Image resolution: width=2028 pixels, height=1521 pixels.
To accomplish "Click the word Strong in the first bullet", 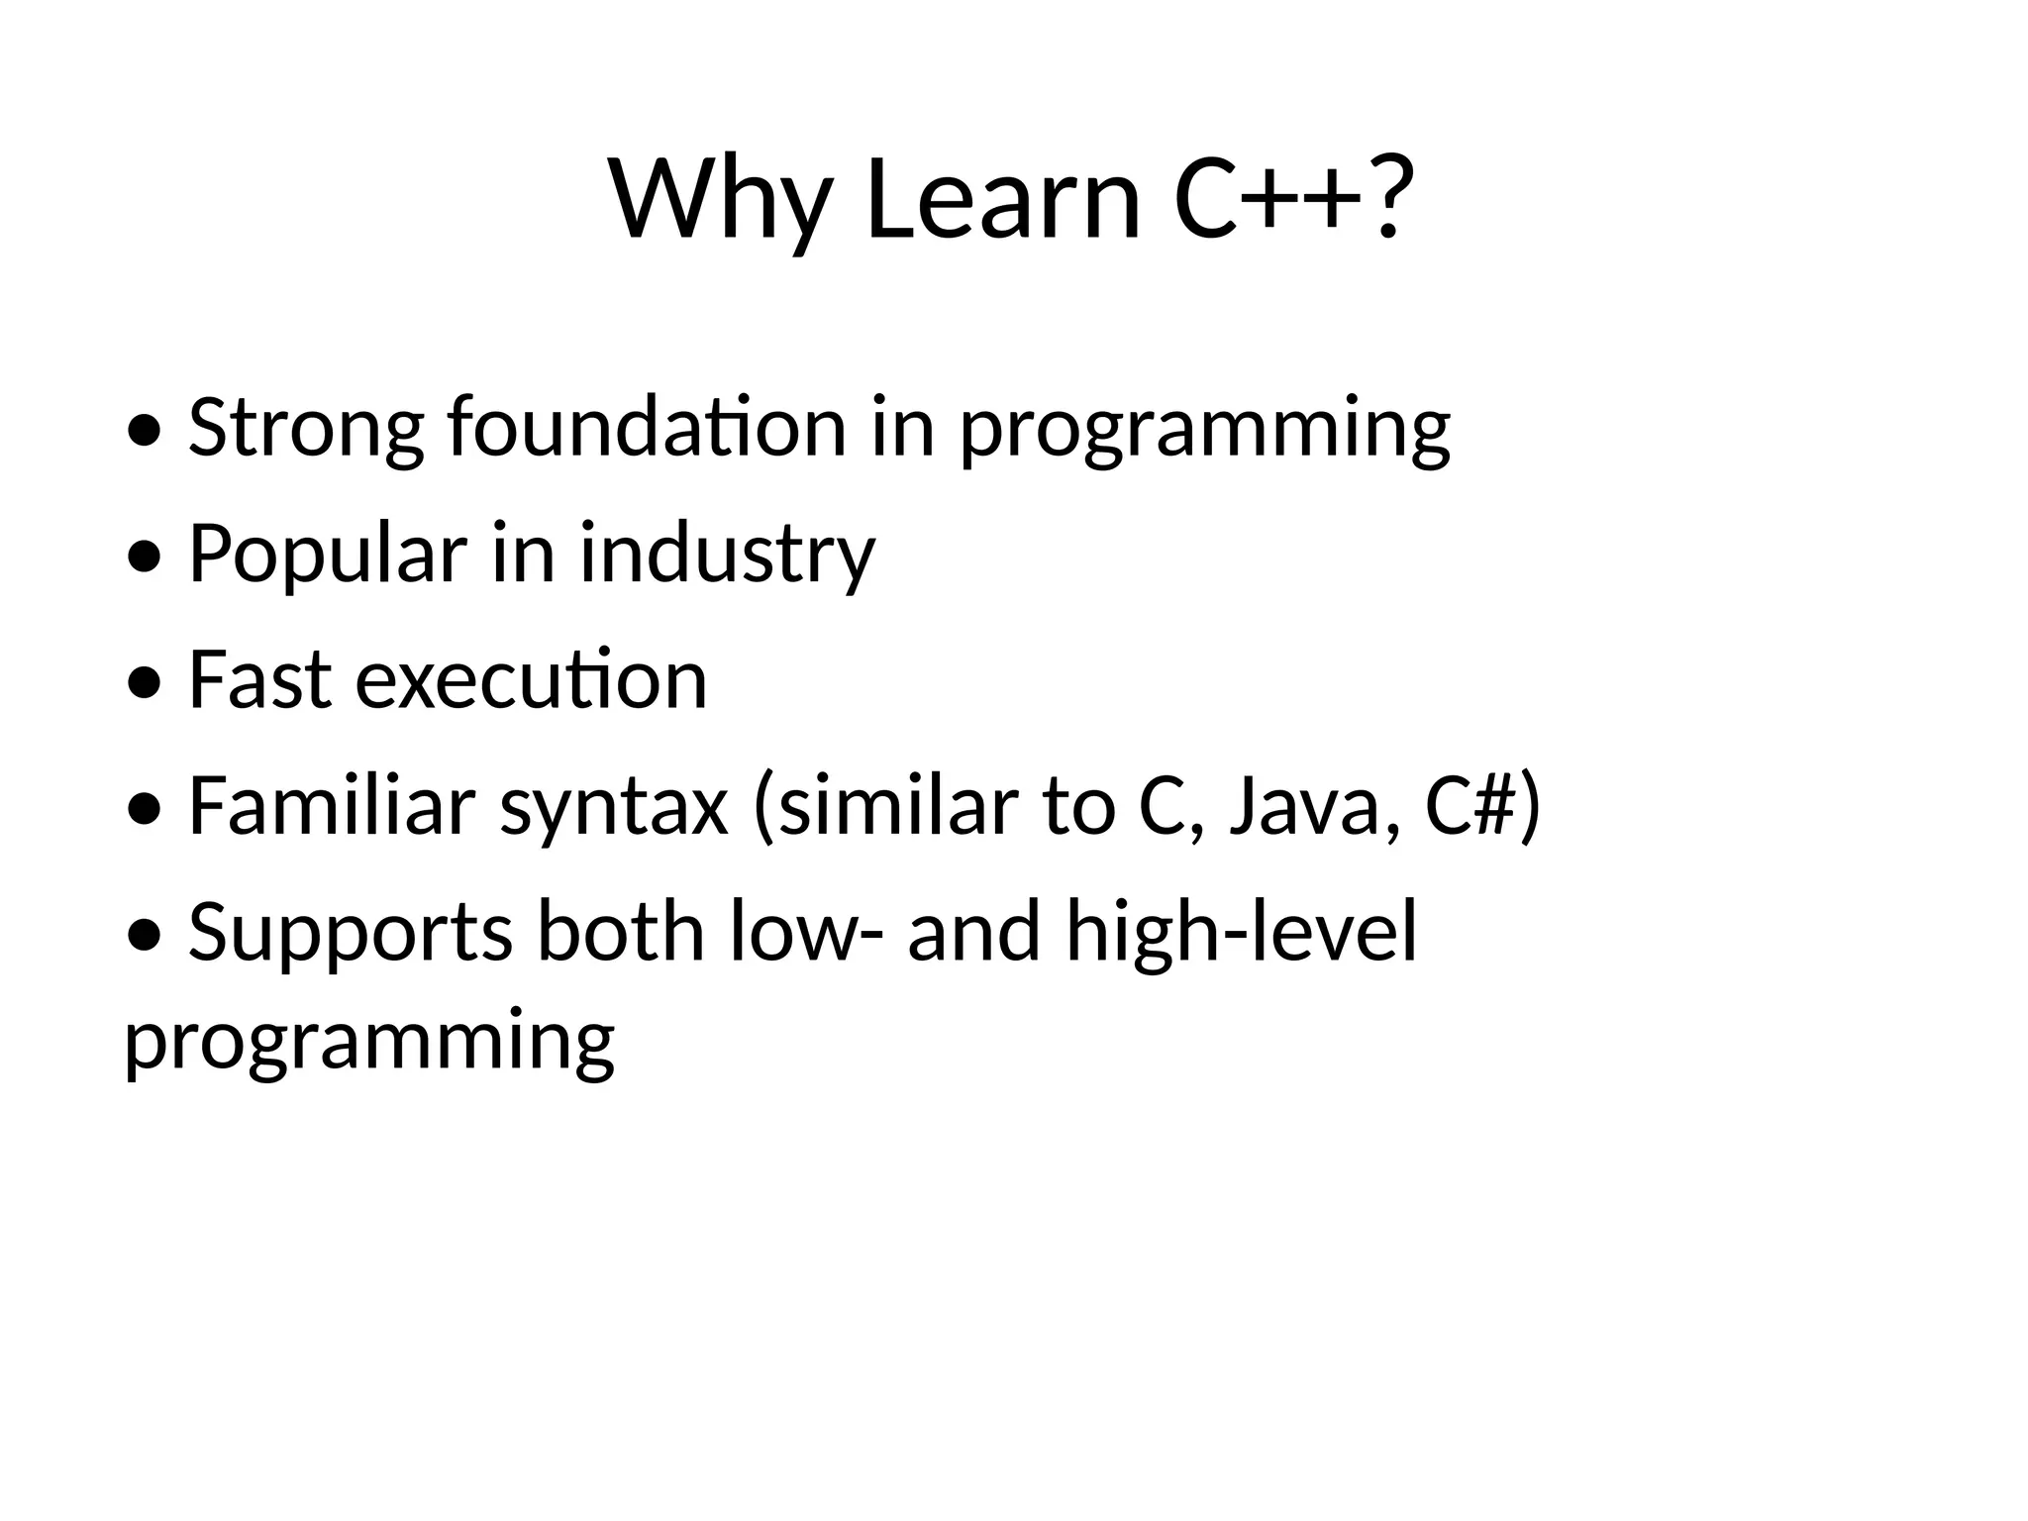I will (305, 429).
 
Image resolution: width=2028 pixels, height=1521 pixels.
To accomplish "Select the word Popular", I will (327, 555).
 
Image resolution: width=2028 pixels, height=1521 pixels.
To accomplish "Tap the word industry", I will (727, 555).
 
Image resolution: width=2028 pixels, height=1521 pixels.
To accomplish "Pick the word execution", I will (532, 681).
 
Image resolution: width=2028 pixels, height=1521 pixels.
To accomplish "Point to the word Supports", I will (351, 934).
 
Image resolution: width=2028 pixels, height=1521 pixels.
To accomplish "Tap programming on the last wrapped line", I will (369, 1043).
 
